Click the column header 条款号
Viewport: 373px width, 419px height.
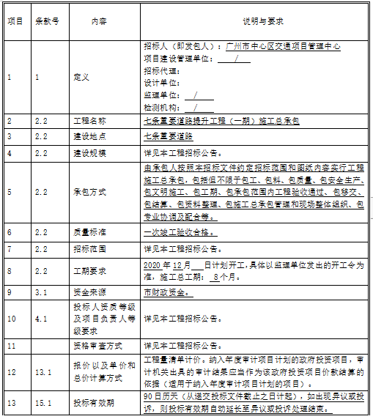pos(49,22)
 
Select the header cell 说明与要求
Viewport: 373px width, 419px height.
pos(254,22)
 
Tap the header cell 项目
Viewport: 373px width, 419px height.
pos(15,22)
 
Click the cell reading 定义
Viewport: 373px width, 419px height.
pos(81,76)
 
